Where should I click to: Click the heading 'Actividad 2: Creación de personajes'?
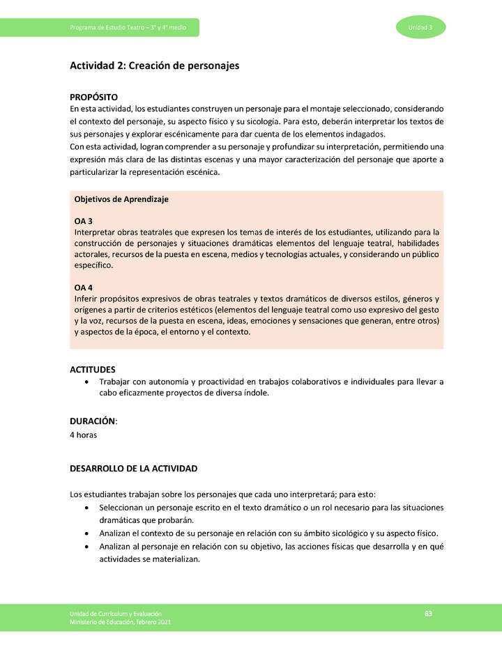(x=154, y=65)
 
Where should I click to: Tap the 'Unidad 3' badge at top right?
(x=420, y=27)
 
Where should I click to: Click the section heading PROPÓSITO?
(x=93, y=97)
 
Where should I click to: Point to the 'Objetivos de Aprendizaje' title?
(x=121, y=199)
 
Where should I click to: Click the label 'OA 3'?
(x=84, y=221)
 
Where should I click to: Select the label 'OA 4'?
(x=84, y=287)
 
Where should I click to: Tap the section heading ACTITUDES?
(x=93, y=369)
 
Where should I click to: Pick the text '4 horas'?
(x=84, y=435)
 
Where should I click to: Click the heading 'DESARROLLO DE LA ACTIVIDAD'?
(x=134, y=468)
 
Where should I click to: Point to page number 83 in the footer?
(x=429, y=613)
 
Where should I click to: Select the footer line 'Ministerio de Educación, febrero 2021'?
(x=120, y=622)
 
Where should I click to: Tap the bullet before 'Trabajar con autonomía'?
(x=86, y=382)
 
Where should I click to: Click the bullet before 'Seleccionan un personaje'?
(x=86, y=508)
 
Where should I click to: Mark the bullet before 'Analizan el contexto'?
(x=86, y=533)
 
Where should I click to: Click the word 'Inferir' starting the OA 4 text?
(x=86, y=299)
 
